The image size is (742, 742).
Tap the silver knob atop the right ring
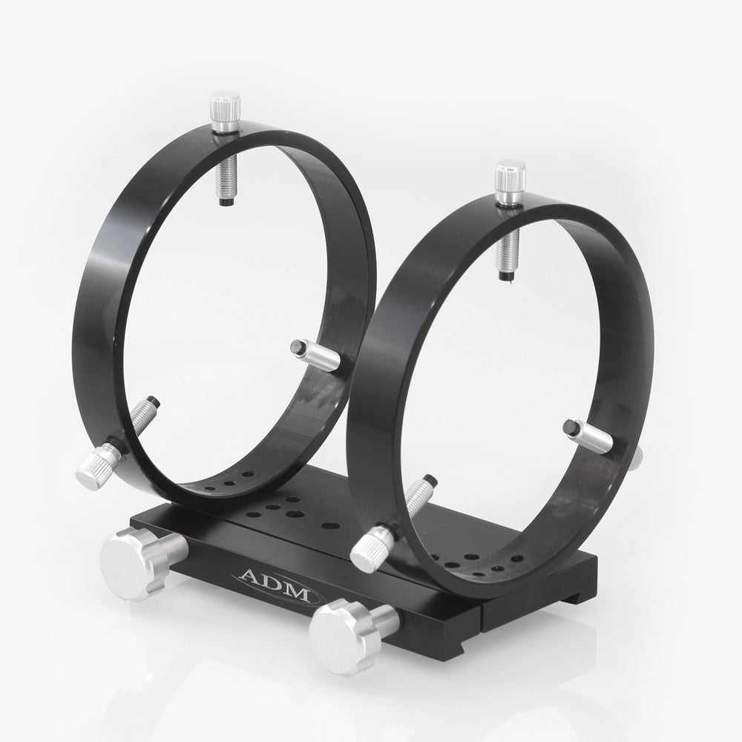[x=511, y=177]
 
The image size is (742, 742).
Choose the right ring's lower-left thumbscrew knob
[x=369, y=547]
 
